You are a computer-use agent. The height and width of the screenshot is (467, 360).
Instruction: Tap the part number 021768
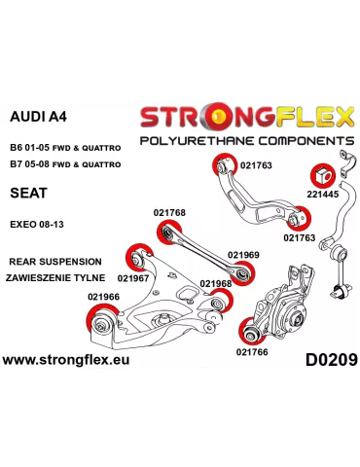point(169,213)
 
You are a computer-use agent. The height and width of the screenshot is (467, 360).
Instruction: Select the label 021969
point(243,255)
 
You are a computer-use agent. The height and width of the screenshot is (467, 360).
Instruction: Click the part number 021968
point(216,284)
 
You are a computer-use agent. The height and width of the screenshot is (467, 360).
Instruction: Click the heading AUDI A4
point(37,118)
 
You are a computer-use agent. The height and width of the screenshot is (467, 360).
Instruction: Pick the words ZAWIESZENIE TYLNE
point(54,277)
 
